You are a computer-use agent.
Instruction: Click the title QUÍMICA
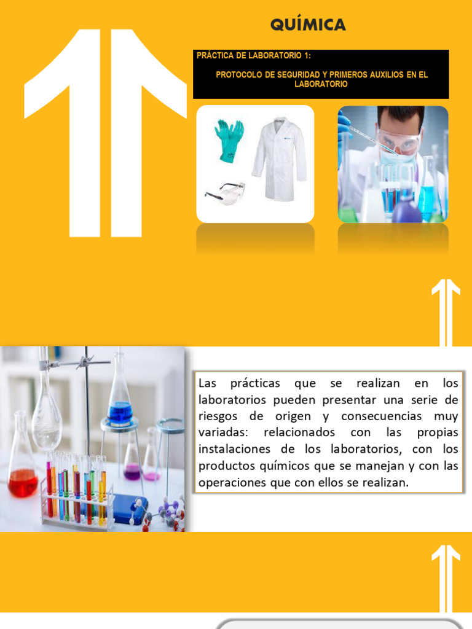pos(308,25)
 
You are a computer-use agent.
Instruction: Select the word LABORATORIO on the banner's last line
pos(321,84)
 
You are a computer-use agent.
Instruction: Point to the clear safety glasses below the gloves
pos(225,192)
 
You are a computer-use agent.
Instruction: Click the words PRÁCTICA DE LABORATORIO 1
pos(253,55)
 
